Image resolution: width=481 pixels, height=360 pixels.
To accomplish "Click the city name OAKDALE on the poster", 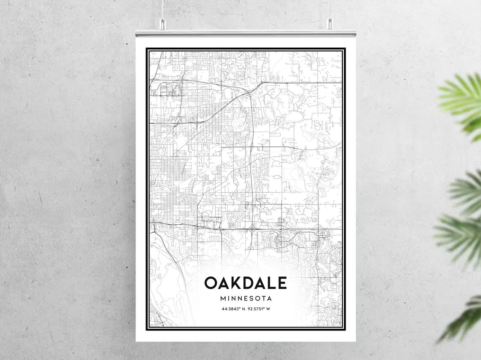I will [246, 283].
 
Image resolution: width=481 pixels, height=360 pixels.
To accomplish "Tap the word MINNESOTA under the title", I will [246, 298].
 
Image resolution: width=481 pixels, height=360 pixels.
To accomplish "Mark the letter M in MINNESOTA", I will [223, 298].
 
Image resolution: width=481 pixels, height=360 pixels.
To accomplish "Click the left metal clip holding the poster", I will [162, 24].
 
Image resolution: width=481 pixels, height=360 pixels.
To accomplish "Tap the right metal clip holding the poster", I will [330, 24].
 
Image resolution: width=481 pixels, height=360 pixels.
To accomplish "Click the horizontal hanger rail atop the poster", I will [246, 33].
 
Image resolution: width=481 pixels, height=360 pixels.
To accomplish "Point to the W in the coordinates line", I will [268, 309].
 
